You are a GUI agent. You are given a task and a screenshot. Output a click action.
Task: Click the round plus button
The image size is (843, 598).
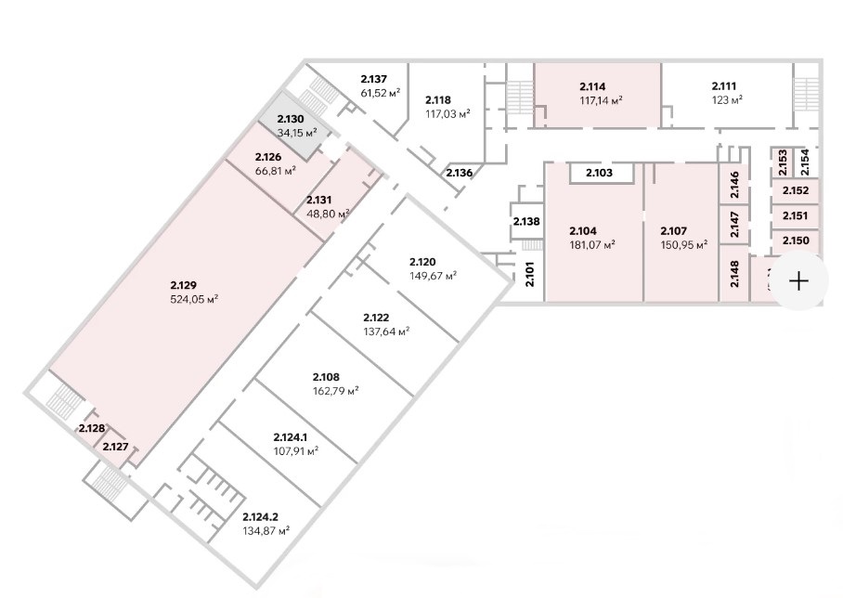coord(798,280)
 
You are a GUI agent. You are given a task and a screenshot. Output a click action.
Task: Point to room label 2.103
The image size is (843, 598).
coord(599,173)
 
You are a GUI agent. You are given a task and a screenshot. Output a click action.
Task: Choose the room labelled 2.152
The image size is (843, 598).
coord(796,191)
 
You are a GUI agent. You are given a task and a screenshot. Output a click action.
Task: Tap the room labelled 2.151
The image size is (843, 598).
coord(796,216)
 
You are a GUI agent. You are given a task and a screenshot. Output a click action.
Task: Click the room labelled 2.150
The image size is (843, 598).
coord(796,241)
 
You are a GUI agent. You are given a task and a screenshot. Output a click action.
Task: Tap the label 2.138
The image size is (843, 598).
coord(526,222)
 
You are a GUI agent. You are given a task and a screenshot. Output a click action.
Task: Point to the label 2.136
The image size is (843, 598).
coord(459,173)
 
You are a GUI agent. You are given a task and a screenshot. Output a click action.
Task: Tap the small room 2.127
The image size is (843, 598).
coord(115,447)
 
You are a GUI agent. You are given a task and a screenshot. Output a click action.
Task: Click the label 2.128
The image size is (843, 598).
coord(91,428)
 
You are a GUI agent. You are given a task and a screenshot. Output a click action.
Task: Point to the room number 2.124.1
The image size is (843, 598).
coord(296,437)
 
